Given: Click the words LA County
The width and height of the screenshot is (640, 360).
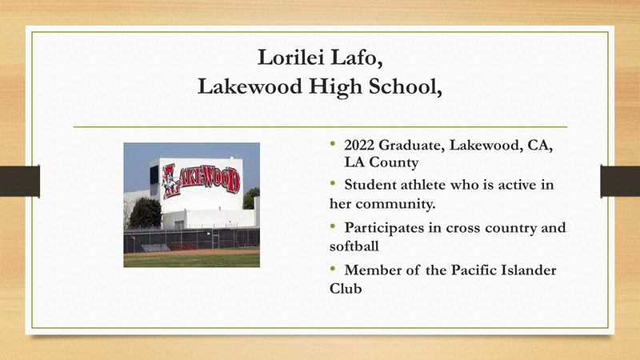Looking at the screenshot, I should tap(381, 162).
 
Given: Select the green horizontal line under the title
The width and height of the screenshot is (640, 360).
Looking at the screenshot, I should tap(320, 126).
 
